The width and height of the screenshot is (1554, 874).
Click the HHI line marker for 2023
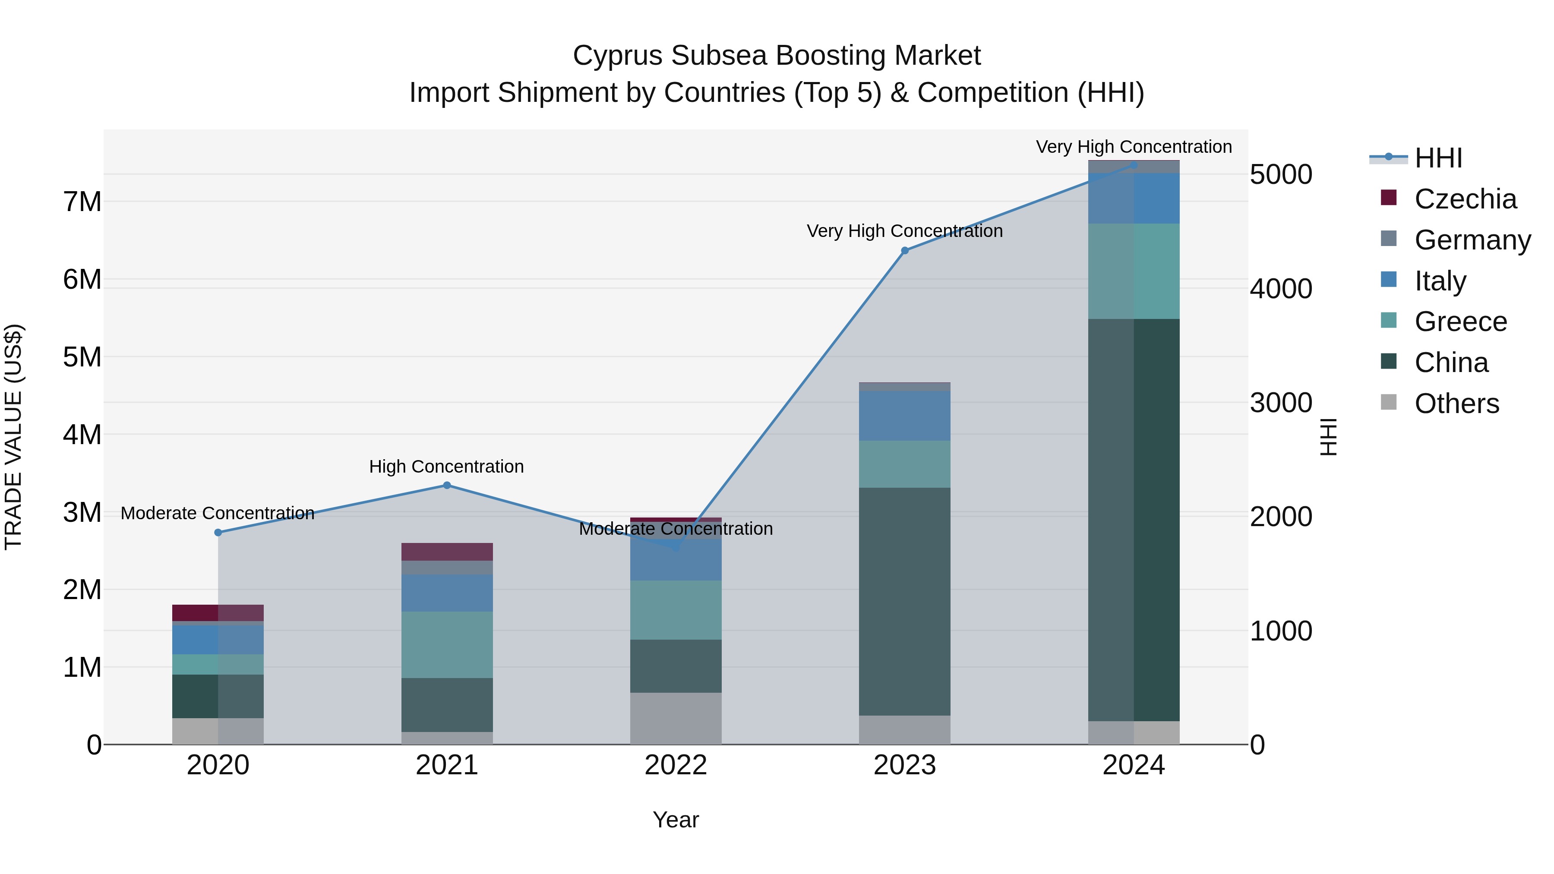[904, 250]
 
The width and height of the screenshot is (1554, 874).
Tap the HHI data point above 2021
[446, 485]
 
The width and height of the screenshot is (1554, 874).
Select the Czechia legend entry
[1465, 199]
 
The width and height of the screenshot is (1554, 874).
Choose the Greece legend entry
[1460, 322]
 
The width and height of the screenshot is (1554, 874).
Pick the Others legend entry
[1456, 404]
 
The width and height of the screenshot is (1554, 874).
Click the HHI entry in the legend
[1437, 158]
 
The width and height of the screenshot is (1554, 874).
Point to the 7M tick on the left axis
[82, 202]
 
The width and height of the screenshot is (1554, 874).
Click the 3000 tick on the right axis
[1280, 403]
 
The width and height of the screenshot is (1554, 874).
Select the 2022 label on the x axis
[675, 765]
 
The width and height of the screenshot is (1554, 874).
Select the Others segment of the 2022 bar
[675, 718]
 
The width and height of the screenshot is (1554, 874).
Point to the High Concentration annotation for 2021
[446, 466]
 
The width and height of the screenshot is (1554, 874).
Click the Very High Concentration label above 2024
[1134, 147]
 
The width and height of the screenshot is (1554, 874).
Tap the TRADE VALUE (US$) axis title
[13, 437]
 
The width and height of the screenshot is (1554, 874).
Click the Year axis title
[675, 820]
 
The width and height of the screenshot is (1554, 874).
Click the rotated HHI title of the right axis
[1328, 437]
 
